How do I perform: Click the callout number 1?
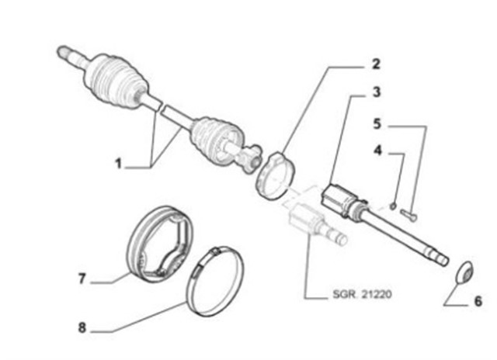[118, 164]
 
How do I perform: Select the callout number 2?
[376, 64]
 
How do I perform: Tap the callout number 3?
[376, 92]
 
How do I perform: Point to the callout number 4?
[377, 151]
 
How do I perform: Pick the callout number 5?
[377, 124]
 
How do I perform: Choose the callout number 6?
[478, 301]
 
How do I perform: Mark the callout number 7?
[82, 279]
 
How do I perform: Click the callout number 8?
[82, 327]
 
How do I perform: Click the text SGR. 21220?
[362, 294]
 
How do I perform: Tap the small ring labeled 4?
[393, 206]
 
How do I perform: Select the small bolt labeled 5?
[408, 214]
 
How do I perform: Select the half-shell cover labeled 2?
[275, 176]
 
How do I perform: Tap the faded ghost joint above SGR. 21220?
[314, 223]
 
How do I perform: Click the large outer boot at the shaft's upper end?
[116, 81]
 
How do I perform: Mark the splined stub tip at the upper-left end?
[63, 52]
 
